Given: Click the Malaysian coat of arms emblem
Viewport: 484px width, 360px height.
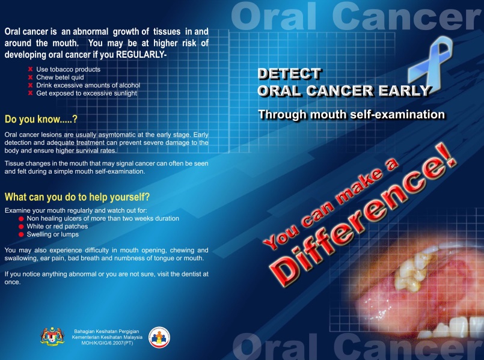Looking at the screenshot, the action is point(52,336).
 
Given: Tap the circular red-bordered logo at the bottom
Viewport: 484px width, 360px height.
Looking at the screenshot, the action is point(159,338).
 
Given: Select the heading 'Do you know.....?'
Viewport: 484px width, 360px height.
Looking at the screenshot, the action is point(41,119).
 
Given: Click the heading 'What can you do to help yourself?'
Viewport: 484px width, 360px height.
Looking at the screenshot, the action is point(77,197).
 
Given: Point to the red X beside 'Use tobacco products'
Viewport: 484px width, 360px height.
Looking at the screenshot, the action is point(30,69).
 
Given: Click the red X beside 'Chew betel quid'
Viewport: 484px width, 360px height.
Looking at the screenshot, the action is point(30,77).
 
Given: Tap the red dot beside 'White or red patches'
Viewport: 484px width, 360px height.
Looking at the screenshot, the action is point(21,227).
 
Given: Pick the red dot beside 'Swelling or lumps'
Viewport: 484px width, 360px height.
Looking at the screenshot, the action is point(21,234).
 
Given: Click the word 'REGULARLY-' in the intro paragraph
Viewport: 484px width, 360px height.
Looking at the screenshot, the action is point(141,55).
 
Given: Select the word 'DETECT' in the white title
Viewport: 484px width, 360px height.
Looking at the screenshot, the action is point(290,74).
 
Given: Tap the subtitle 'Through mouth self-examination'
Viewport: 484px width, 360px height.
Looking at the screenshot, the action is point(352,114).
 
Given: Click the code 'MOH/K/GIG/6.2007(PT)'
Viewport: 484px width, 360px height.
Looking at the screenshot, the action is point(107,343).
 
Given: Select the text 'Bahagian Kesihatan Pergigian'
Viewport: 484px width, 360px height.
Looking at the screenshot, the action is point(106,331).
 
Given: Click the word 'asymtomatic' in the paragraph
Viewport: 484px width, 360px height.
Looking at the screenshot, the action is point(118,135).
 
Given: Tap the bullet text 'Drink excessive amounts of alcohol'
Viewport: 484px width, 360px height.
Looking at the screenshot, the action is point(88,85).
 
